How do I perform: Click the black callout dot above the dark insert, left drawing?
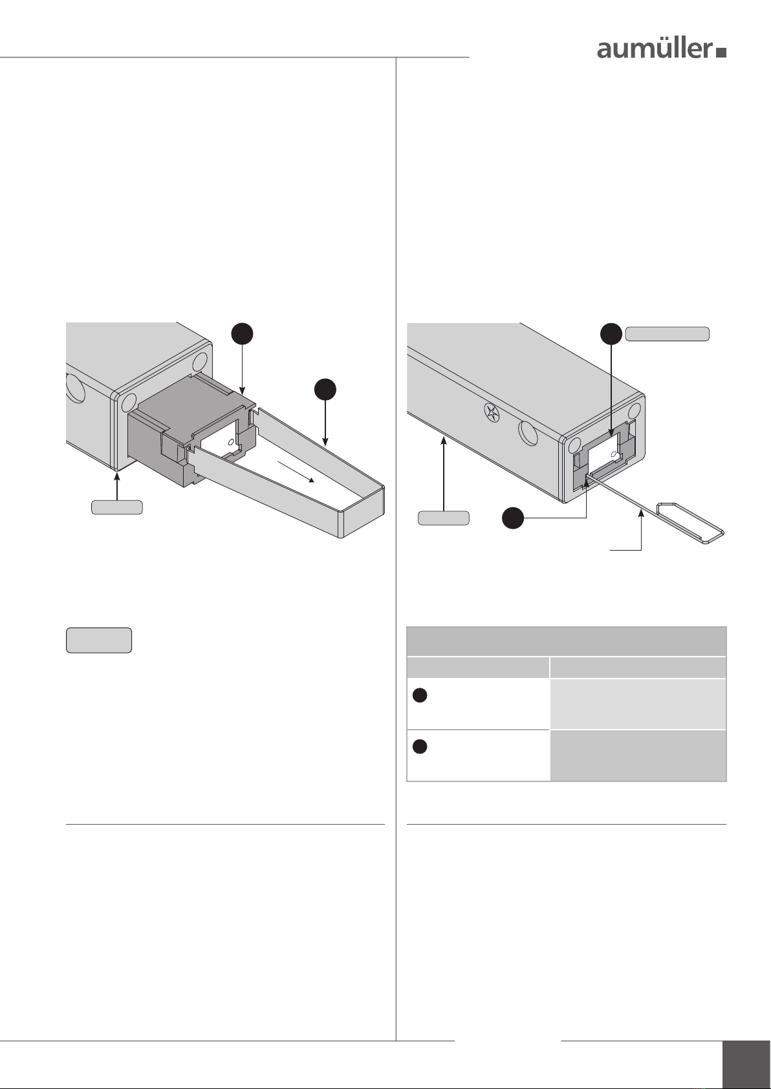(x=241, y=334)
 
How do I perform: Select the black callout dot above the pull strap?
(x=325, y=390)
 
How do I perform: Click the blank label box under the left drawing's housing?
(x=116, y=507)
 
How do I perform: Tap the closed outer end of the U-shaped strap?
(x=362, y=511)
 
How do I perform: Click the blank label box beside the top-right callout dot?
(x=667, y=334)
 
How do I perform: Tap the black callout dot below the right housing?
(x=514, y=518)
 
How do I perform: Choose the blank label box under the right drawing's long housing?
(x=443, y=518)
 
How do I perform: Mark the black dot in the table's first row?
(x=420, y=695)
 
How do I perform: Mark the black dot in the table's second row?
(x=420, y=746)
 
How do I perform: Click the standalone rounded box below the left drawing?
(x=99, y=640)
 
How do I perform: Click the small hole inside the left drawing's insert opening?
(x=231, y=444)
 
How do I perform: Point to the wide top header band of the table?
(x=566, y=641)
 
